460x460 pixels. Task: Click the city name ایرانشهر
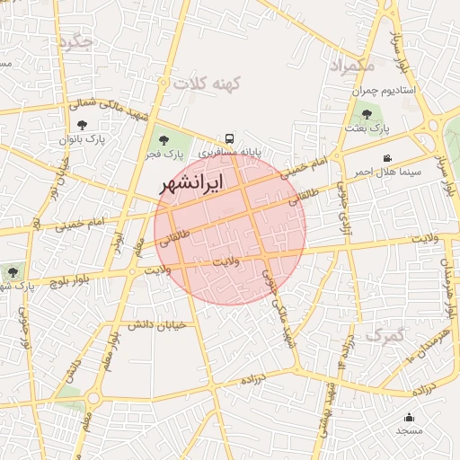(192, 182)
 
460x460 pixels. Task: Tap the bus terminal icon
(230, 138)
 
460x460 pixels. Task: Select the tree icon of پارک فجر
(163, 139)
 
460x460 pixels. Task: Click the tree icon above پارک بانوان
(83, 125)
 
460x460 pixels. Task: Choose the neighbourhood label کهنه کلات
(209, 84)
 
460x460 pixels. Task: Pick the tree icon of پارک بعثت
(367, 114)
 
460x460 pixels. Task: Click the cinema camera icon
(386, 158)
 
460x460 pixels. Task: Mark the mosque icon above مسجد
(410, 417)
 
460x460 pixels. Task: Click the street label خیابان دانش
(159, 323)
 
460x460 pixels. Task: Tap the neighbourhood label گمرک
(385, 336)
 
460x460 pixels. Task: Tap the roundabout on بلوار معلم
(93, 397)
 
